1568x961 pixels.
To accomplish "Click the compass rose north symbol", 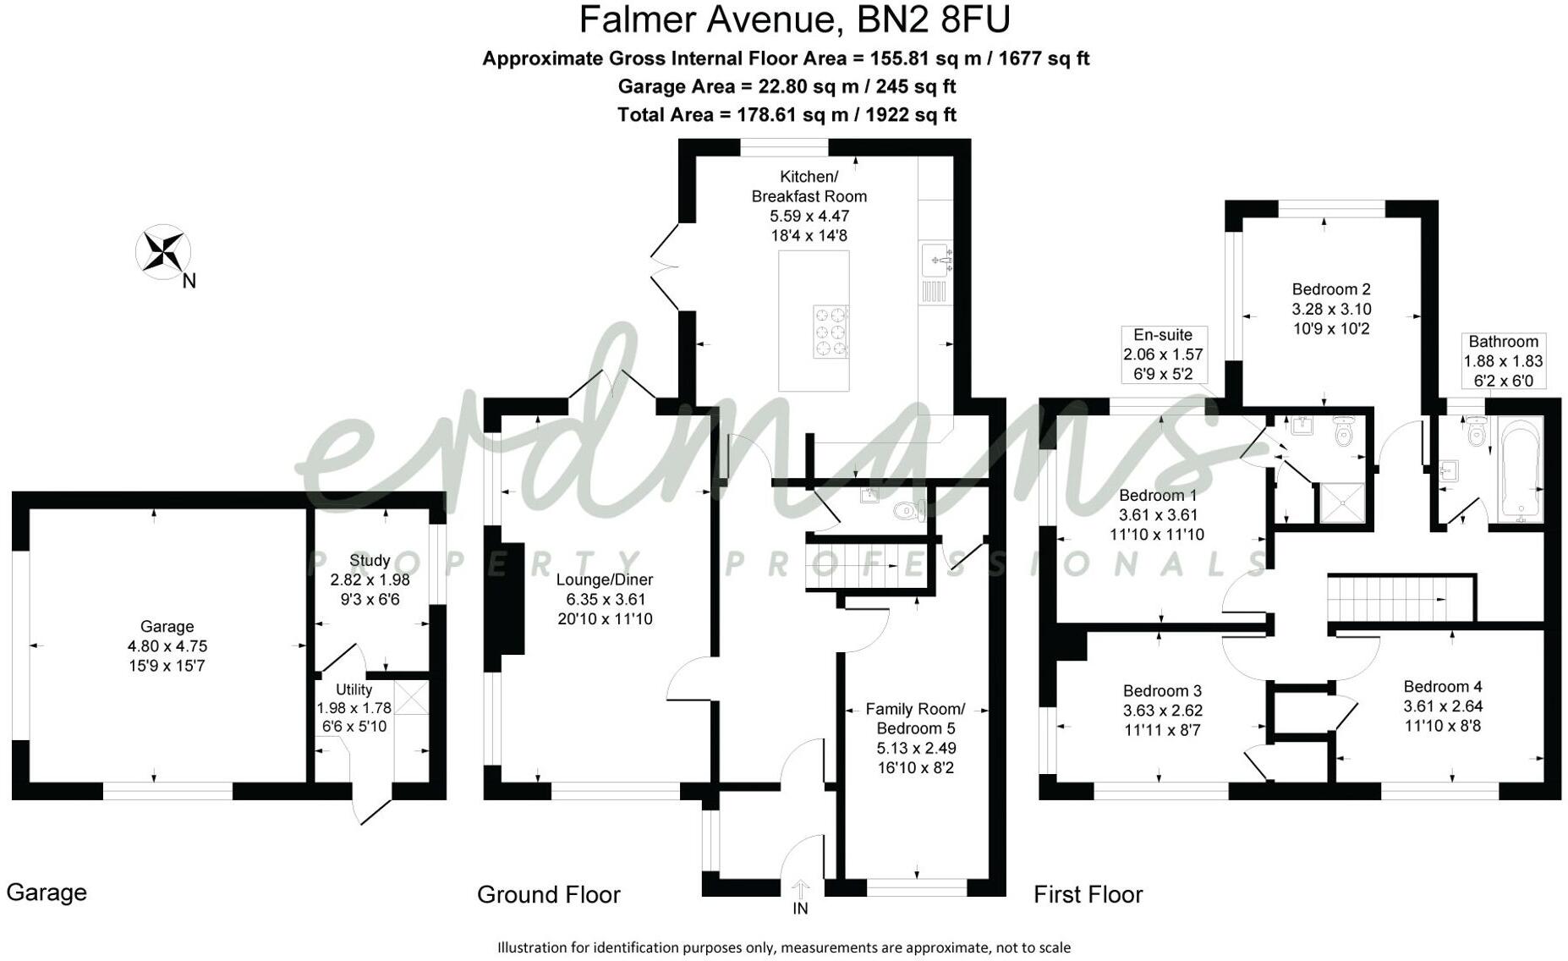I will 163,251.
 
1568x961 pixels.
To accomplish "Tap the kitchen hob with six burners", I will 830,332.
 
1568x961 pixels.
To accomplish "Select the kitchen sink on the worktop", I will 935,257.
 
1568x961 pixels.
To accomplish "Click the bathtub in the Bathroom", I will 1521,470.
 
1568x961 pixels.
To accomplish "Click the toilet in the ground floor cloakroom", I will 909,511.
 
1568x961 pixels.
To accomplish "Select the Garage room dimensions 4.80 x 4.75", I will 167,646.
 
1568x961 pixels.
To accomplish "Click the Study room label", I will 370,560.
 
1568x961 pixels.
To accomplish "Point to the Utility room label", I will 354,689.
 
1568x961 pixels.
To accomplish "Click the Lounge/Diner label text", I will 604,579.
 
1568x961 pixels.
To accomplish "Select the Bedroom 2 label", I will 1330,289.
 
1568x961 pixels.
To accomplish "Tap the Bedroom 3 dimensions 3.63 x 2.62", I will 1162,711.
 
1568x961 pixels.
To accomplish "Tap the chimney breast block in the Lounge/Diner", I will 509,597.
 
